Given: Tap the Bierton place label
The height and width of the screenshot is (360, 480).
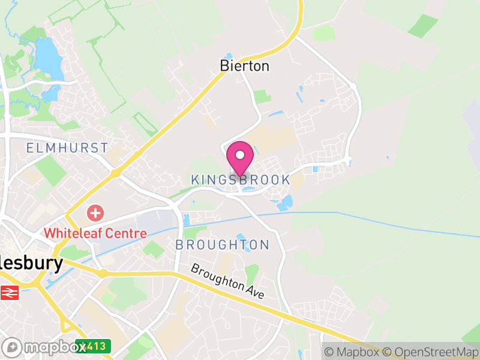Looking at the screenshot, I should pos(244,66).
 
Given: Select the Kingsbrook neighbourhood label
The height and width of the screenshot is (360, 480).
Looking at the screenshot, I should pos(240,179).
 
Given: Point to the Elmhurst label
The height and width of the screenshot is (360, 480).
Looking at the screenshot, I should pos(67,148).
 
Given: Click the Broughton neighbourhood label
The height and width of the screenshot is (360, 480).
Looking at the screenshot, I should pos(222,245).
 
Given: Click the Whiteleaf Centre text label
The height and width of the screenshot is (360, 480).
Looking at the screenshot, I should pos(95,233).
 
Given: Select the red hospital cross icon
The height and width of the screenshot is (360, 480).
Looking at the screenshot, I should pos(94,212).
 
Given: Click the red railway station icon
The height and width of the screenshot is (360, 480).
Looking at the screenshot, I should pos(10,292).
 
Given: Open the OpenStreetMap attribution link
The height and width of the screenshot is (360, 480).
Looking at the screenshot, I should pos(431,352).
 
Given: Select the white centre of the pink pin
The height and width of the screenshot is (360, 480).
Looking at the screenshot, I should pos(240,155).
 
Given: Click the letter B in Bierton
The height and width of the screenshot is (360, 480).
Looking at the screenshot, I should pos(225,66).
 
